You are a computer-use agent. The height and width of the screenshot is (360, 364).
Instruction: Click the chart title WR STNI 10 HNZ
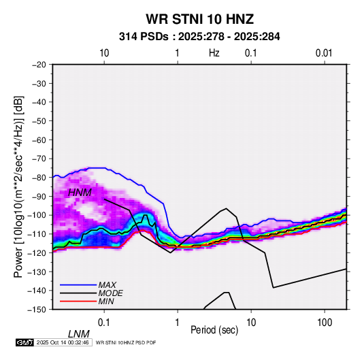click(199, 19)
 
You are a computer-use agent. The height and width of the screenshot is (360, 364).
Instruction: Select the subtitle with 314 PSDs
click(199, 37)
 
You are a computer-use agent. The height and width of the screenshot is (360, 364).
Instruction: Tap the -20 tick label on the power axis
click(39, 65)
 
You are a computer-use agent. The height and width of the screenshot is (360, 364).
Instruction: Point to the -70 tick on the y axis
click(39, 159)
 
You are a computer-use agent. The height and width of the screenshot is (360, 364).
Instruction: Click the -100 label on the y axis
click(37, 215)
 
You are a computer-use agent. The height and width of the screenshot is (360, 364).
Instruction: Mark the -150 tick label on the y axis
click(37, 310)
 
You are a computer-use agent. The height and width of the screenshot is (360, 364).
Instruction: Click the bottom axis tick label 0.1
click(103, 323)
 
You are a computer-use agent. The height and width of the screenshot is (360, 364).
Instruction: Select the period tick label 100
click(325, 323)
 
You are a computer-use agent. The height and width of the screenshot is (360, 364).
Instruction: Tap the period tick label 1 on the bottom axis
click(178, 323)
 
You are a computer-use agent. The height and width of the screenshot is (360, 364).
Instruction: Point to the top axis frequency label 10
click(104, 53)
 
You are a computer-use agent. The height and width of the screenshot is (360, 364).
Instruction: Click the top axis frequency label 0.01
click(324, 53)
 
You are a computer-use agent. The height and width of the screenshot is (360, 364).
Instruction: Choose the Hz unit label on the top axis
click(214, 53)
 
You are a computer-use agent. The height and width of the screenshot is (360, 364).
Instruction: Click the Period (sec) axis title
click(214, 330)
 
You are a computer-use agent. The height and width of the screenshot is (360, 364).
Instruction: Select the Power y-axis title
click(18, 186)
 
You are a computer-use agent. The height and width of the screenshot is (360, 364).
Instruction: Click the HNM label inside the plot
click(80, 193)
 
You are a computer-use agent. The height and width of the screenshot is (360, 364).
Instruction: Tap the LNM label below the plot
click(79, 334)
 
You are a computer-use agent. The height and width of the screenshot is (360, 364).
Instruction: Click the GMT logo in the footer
click(25, 342)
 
